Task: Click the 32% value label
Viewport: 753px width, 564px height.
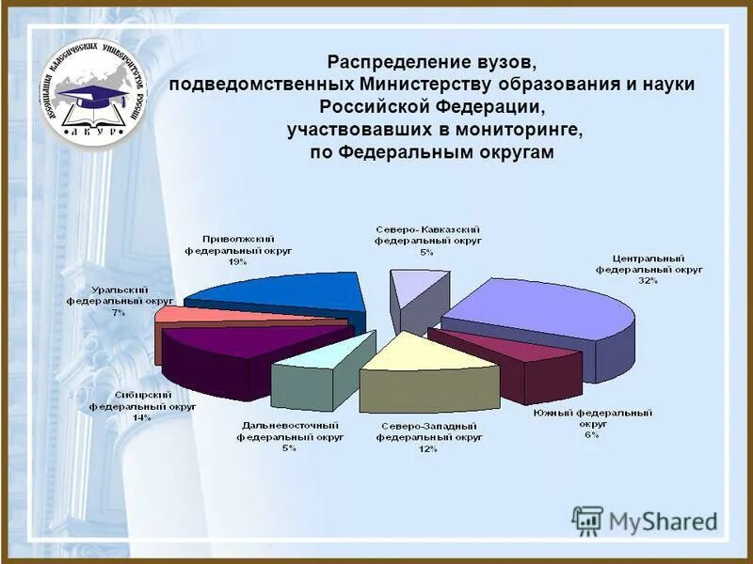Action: [647, 280]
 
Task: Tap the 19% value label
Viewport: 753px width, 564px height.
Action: [237, 262]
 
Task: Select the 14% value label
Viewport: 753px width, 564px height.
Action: [142, 417]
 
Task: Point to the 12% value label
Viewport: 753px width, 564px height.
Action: [428, 448]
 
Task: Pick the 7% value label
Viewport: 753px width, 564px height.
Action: [119, 312]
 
